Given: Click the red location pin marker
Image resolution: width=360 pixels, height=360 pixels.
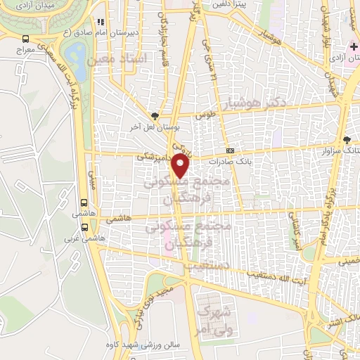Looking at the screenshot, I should point(181,167).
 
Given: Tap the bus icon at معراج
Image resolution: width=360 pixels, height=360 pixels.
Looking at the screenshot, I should point(26,39).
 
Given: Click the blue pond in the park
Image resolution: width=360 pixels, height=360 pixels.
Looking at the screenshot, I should point(74,53).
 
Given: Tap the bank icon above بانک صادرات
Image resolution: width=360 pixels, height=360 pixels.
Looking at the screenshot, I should point(230,150).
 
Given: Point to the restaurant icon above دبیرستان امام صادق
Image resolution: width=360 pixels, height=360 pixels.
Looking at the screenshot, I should point(101,22).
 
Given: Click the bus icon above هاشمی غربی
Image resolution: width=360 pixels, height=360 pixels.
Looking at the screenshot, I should point(85,227).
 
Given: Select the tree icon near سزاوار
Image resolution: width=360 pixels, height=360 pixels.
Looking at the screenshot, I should point(346,139).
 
